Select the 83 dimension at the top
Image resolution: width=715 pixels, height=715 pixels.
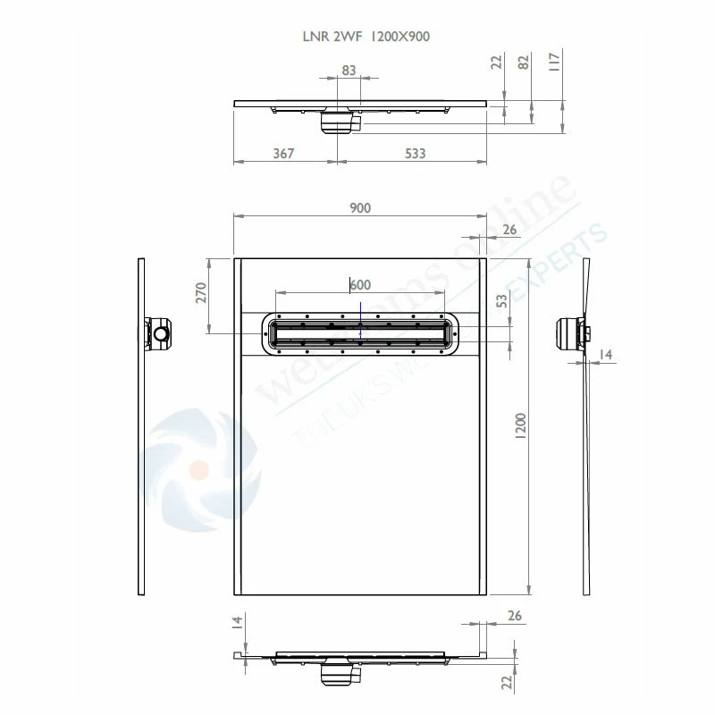(349, 70)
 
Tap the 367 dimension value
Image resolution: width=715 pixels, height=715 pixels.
(283, 154)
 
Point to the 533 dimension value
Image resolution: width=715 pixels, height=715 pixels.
(415, 154)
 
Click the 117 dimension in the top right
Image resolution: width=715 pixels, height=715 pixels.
(555, 61)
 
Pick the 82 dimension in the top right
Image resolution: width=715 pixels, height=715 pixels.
(525, 61)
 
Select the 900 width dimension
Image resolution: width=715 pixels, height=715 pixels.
(359, 207)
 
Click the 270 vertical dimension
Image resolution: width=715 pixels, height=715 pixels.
(201, 293)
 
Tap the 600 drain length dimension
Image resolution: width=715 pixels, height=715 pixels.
(359, 284)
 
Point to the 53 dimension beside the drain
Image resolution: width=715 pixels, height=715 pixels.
(502, 301)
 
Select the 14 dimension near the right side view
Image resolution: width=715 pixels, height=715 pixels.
(606, 356)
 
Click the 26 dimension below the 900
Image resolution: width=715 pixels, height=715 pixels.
(509, 230)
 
